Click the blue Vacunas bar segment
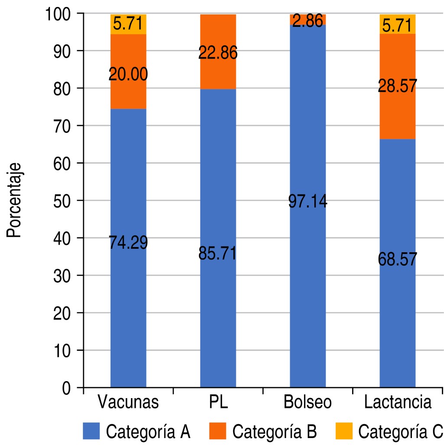click(128, 304)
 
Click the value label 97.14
click(307, 202)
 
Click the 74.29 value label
click(128, 242)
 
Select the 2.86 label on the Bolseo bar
click(307, 21)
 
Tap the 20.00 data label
click(128, 75)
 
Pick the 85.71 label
click(218, 254)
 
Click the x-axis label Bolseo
click(307, 402)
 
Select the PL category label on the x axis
click(218, 402)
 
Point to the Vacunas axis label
click(128, 402)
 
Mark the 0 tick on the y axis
click(66, 388)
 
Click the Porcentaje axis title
click(14, 201)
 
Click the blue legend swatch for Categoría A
click(91, 432)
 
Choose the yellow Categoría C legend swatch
click(343, 432)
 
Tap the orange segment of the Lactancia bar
click(398, 109)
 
